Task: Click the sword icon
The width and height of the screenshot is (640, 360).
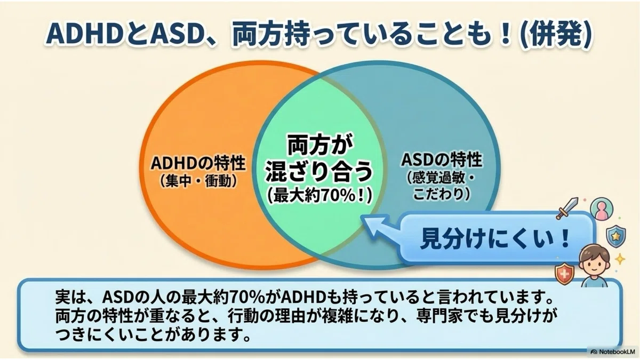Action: (566, 209)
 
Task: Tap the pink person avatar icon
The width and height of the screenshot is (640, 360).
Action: (601, 209)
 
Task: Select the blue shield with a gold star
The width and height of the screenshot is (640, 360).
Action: (616, 236)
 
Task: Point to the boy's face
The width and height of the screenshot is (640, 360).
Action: (594, 265)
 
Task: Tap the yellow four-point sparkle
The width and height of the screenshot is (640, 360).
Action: (620, 259)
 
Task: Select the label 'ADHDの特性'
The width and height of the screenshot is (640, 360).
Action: (198, 163)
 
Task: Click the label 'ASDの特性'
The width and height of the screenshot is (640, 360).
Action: (442, 159)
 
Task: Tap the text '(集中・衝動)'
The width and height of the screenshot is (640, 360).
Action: (198, 181)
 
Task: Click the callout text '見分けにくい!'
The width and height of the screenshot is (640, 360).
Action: (495, 238)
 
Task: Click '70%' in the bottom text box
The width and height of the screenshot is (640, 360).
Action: (246, 298)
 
